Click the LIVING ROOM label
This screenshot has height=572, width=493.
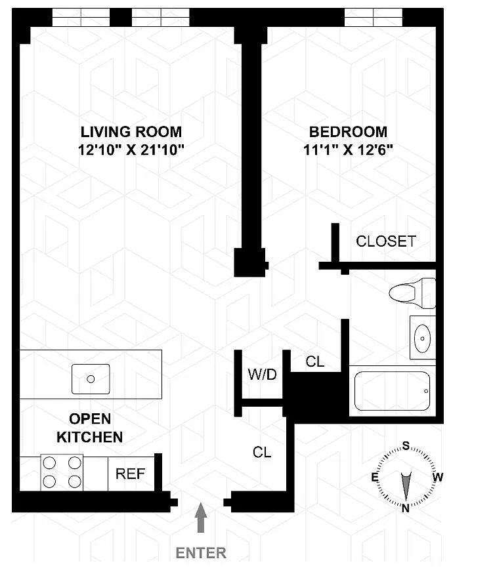click(131, 132)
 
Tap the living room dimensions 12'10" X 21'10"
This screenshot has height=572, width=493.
click(131, 150)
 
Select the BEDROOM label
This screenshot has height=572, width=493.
click(348, 132)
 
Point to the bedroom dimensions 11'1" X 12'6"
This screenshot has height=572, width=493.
click(348, 150)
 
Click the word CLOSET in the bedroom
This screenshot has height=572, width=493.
click(386, 241)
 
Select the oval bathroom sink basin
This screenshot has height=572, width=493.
click(423, 338)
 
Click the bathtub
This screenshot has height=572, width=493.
click(392, 391)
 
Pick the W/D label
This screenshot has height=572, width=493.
click(262, 375)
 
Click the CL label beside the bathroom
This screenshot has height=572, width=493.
click(315, 361)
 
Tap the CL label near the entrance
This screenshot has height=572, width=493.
click(262, 453)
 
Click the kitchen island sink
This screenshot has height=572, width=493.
click(91, 379)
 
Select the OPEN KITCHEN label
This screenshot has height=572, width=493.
click(90, 428)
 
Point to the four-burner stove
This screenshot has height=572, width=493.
click(62, 472)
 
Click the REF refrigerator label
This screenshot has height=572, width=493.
click(131, 474)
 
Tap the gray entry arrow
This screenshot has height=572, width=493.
click(200, 518)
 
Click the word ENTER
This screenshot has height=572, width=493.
click(201, 553)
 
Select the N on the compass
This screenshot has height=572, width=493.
click(405, 508)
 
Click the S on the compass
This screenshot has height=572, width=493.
click(406, 445)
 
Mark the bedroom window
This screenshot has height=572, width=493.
click(374, 18)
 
